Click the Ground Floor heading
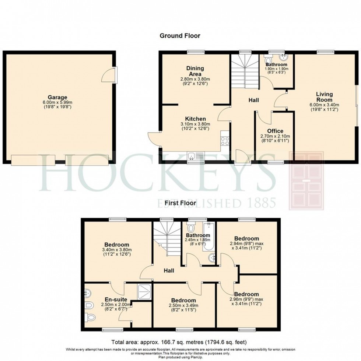click(x=180, y=36)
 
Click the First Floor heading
click(x=180, y=203)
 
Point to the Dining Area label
click(x=195, y=71)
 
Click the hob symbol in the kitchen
click(x=225, y=141)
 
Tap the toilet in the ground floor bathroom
click(x=268, y=60)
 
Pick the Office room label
click(x=275, y=131)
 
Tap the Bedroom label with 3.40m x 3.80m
click(x=116, y=245)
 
